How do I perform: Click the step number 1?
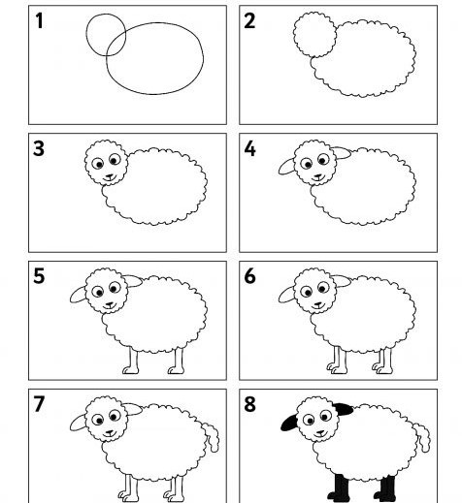[x=39, y=20]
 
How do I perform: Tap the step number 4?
[x=249, y=149]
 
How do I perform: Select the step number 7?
[x=39, y=404]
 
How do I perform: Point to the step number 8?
[x=249, y=404]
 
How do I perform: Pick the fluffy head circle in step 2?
[x=294, y=31]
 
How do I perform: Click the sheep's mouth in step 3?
[x=109, y=177]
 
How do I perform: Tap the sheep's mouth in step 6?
[x=317, y=305]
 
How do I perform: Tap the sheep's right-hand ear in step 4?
[x=343, y=153]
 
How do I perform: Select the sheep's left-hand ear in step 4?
[x=286, y=167]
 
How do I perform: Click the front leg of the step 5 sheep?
[x=131, y=362]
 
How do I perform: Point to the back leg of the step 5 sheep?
[x=178, y=362]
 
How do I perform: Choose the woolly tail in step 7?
[x=212, y=436]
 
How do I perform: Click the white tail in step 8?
[x=422, y=437]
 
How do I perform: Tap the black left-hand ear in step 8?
[x=289, y=424]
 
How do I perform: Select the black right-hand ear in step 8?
[x=344, y=409]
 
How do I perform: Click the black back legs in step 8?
[x=385, y=488]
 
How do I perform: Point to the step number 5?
[x=39, y=276]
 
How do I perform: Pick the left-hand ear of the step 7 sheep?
[x=78, y=424]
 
